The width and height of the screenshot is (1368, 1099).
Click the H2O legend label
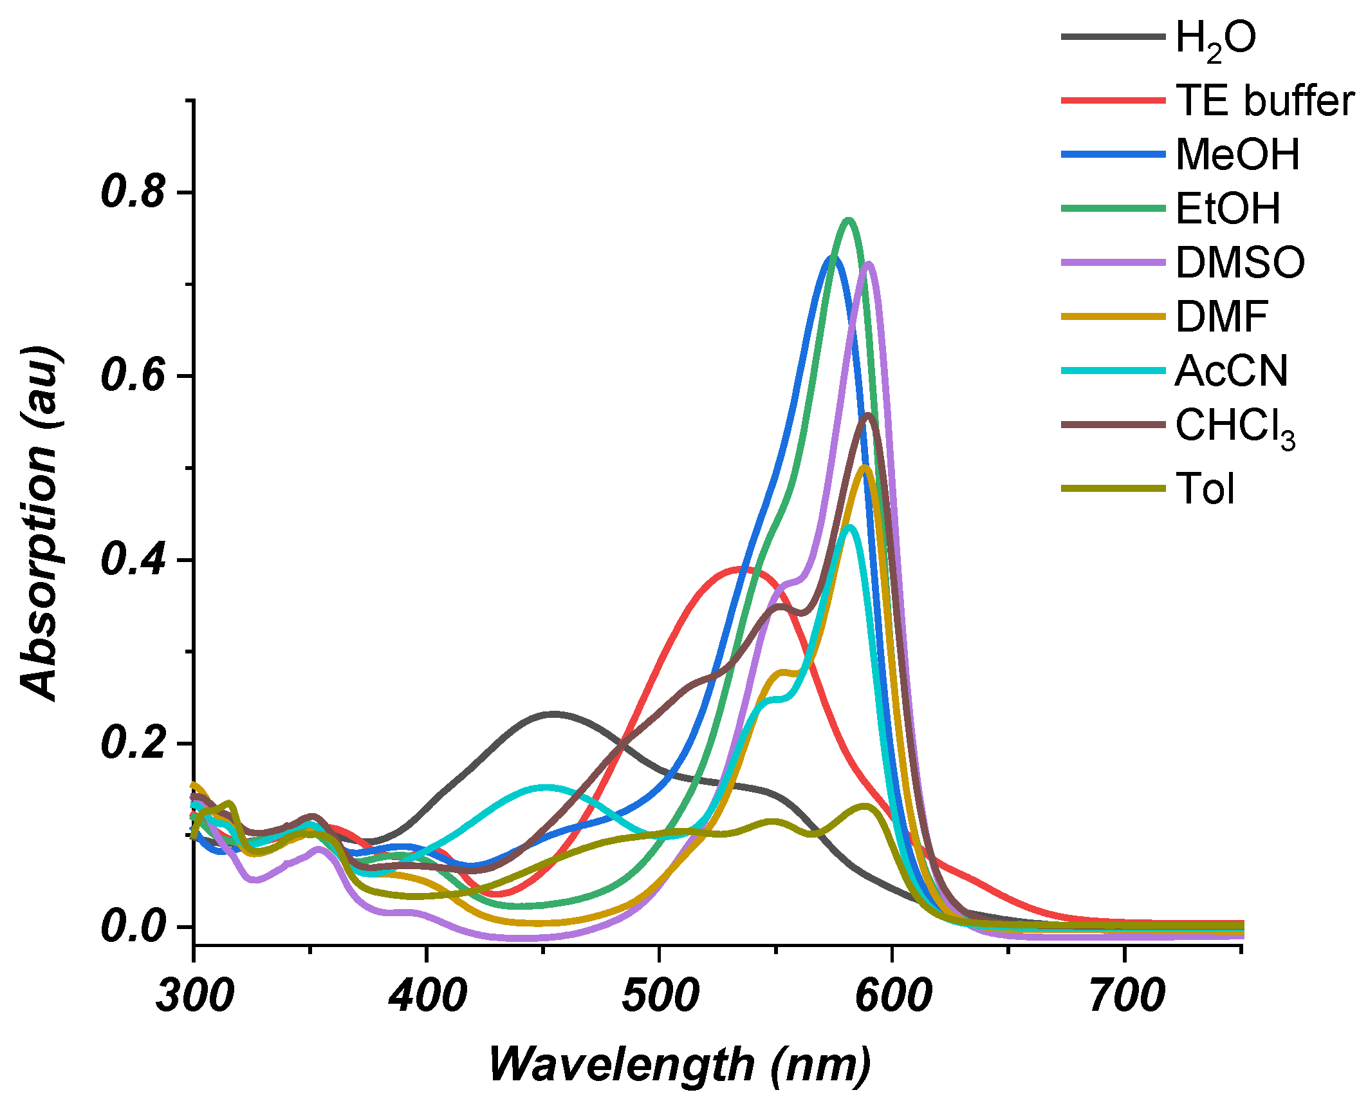click(x=1215, y=39)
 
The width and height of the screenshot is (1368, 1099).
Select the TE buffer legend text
click(x=1264, y=101)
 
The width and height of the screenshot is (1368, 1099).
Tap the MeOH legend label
click(x=1237, y=155)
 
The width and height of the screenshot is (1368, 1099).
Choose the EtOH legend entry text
click(x=1227, y=209)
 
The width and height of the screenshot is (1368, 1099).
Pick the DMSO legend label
click(x=1239, y=263)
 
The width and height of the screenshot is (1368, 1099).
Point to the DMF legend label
click(x=1221, y=317)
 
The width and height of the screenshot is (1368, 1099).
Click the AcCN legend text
click(x=1231, y=371)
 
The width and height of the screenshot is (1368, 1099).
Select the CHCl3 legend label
click(x=1234, y=427)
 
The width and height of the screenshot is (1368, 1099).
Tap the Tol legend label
click(x=1205, y=489)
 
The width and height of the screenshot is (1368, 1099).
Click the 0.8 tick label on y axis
click(x=133, y=192)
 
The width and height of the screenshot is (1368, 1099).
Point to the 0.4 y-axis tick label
click(x=133, y=559)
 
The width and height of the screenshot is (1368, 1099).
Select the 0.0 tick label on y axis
click(x=133, y=927)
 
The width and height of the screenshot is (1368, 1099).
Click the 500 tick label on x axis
click(x=660, y=996)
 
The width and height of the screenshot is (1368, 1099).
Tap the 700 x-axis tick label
click(x=1125, y=996)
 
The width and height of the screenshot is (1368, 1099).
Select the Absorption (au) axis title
click(x=40, y=523)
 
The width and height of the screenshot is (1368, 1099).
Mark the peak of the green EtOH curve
click(x=848, y=221)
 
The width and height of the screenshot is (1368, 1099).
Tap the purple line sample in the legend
click(x=1113, y=263)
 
